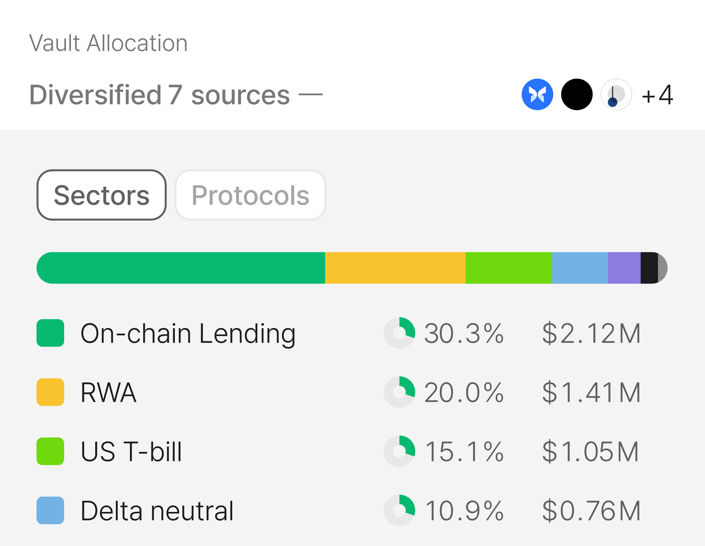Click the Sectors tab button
tap(102, 195)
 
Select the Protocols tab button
tap(251, 195)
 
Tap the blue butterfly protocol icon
tap(537, 94)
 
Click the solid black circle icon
tap(577, 94)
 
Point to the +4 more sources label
tap(657, 95)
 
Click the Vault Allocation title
tap(108, 43)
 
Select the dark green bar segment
tap(181, 268)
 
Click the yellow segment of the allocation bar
tap(395, 268)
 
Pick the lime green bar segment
tap(509, 268)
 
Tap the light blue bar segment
tap(580, 268)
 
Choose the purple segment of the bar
tap(624, 268)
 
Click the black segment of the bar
tap(649, 268)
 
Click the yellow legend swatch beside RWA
tap(50, 392)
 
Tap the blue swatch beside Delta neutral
tap(50, 511)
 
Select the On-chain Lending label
tap(188, 334)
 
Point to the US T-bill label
tap(131, 451)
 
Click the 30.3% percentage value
tap(464, 333)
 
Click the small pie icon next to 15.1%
tap(399, 451)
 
